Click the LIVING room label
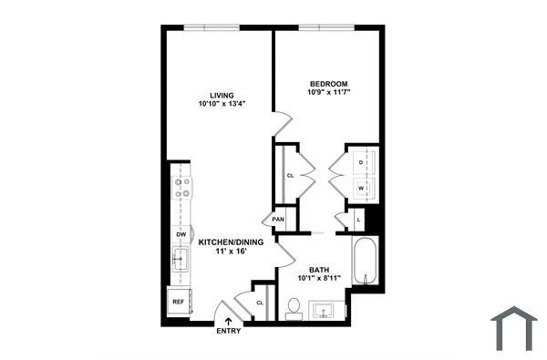point(222,95)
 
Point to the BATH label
point(318,270)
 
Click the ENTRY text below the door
point(229,331)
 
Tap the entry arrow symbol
point(229,320)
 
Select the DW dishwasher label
point(181,235)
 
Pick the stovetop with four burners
point(182,189)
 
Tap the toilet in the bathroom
point(294,307)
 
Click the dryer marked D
point(363,161)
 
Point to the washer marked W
point(363,189)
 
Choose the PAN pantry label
point(278,220)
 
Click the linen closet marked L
point(360,221)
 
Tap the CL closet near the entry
point(259,303)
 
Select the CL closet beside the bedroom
point(290,174)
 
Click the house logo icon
point(515,328)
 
